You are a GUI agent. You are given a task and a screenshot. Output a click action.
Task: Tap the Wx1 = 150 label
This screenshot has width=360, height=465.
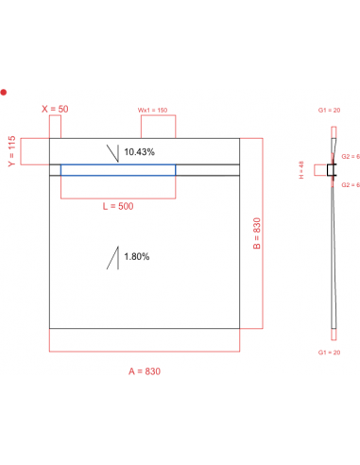153,110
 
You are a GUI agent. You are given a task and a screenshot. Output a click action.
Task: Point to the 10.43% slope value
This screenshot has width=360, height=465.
140,152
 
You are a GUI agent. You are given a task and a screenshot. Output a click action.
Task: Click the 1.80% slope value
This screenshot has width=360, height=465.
136,255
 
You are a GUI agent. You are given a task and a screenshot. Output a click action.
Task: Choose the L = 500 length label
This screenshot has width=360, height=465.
117,207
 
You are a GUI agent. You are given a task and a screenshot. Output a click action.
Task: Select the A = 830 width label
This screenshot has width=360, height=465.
144,370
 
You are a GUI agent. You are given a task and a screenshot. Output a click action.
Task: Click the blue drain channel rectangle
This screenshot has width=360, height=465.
118,170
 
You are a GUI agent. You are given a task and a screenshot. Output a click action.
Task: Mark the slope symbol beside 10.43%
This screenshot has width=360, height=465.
114,152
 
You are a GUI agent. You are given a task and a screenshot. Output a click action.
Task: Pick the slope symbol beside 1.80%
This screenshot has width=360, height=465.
114,256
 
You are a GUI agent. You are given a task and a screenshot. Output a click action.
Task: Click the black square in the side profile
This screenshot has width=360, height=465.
331,171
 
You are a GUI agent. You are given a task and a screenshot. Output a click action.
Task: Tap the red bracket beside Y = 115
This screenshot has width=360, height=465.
35,152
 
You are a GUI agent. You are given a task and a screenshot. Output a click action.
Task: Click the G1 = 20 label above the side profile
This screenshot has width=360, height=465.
332,112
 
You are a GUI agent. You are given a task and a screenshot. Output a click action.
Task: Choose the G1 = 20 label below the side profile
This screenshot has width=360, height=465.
332,350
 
